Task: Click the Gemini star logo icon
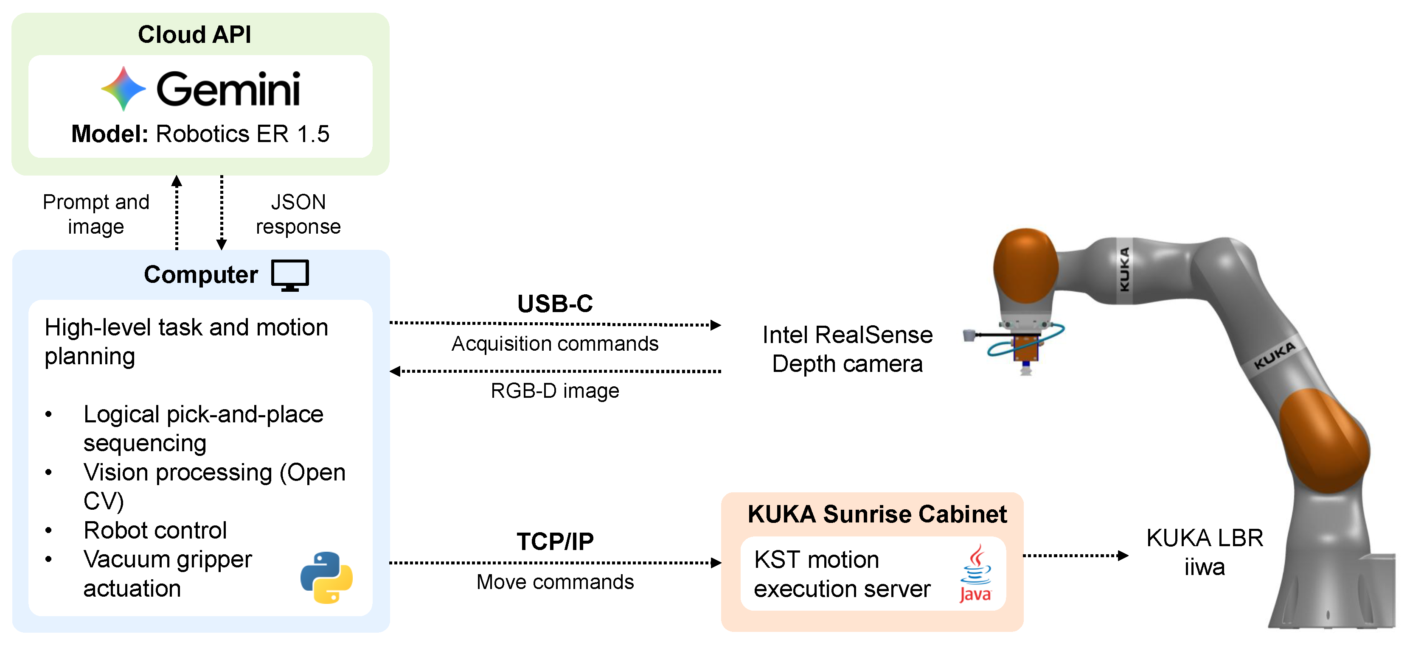[123, 89]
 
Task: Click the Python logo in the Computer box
[326, 577]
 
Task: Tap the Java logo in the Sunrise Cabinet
[975, 573]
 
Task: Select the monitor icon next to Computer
[290, 275]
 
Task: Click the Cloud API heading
[194, 34]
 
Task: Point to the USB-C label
[555, 304]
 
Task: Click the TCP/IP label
[555, 541]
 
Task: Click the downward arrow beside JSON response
[222, 212]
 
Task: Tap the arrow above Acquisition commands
[555, 324]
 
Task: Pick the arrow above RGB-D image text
[555, 371]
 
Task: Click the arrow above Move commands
[555, 562]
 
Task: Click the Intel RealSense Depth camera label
[847, 349]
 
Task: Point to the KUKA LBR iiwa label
[1205, 552]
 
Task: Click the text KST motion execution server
[842, 574]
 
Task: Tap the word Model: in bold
[110, 134]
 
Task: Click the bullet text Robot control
[155, 530]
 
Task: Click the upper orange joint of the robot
[1026, 266]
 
